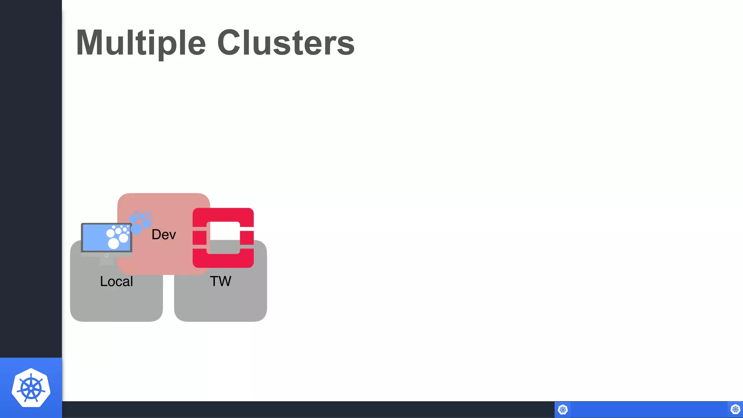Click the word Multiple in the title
click(141, 43)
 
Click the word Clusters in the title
click(286, 43)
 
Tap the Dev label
click(164, 234)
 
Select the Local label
click(116, 281)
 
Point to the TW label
click(221, 281)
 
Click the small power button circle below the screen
click(107, 255)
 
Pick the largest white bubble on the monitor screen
click(114, 243)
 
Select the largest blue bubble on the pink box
click(136, 229)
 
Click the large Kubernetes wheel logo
click(31, 388)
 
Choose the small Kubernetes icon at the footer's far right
click(735, 410)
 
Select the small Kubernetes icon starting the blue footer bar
click(563, 410)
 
